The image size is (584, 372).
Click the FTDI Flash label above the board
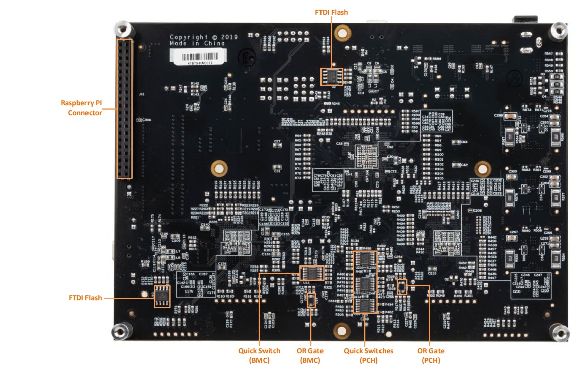pos(331,12)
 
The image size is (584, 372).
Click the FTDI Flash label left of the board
pos(85,298)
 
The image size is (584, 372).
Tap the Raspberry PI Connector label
pos(81,108)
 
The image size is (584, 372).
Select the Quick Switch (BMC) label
pos(259,355)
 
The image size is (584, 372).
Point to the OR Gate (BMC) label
pos(308,355)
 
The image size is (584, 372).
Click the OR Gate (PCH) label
pos(430,355)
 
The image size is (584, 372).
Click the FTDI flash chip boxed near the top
pos(332,76)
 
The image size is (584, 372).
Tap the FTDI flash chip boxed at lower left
pos(162,297)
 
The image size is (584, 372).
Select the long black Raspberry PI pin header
pos(125,109)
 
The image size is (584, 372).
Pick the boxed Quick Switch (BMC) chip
pos(312,273)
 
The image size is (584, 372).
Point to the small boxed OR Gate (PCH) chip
pos(402,286)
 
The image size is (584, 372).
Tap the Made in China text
pos(197,44)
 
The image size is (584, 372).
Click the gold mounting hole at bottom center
pos(342,331)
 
